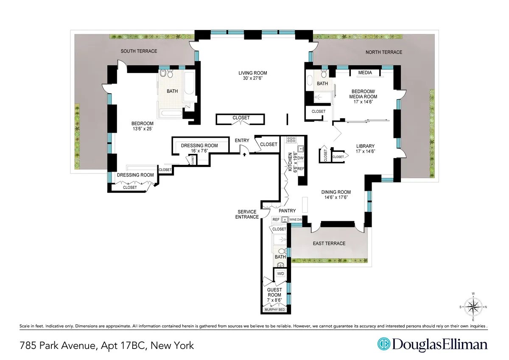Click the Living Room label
click(x=253, y=73)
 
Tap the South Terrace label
click(x=139, y=51)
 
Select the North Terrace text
click(x=384, y=52)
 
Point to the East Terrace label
click(x=329, y=243)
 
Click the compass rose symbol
click(x=473, y=306)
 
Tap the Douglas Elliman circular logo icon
click(x=384, y=345)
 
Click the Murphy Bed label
click(x=275, y=310)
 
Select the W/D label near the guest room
click(x=280, y=274)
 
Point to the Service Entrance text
click(x=248, y=214)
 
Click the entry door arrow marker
click(x=245, y=154)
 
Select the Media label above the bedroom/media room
click(x=365, y=73)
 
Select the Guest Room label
click(x=274, y=292)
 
